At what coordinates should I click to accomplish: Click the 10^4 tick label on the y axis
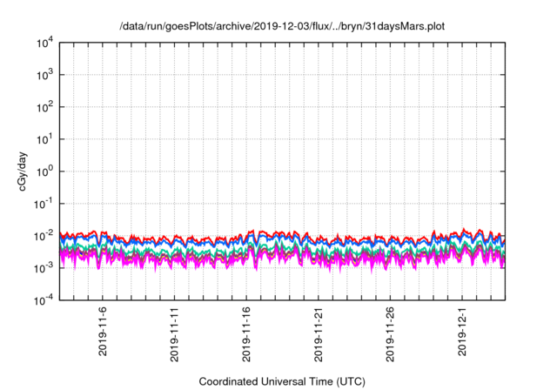pyautogui.click(x=44, y=43)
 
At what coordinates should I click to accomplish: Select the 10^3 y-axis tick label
pyautogui.click(x=44, y=75)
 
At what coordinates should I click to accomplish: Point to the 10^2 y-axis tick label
pyautogui.click(x=44, y=107)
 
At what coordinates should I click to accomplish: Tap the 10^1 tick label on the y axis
pyautogui.click(x=44, y=139)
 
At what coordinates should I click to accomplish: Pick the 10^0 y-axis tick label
pyautogui.click(x=44, y=171)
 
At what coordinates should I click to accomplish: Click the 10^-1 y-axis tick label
pyautogui.click(x=43, y=203)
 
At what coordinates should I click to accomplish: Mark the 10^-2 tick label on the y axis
pyautogui.click(x=43, y=235)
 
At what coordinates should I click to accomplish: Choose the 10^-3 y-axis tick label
pyautogui.click(x=43, y=267)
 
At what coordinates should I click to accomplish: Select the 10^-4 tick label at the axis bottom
pyautogui.click(x=43, y=299)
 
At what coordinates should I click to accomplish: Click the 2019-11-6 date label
pyautogui.click(x=103, y=330)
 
